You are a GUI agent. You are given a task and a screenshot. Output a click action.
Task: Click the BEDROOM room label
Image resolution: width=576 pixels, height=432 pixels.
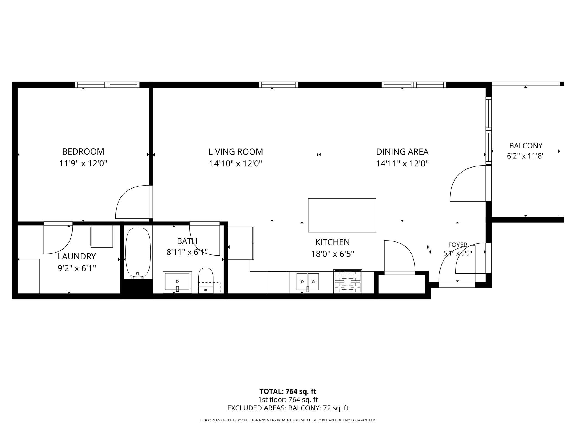coord(83,151)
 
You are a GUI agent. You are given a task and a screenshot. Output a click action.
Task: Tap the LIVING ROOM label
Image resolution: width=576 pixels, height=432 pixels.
coord(236,152)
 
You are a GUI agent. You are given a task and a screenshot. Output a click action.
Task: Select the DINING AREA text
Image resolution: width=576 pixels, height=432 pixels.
coord(402,152)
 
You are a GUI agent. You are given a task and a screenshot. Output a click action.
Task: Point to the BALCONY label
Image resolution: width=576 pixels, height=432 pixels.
coord(526,146)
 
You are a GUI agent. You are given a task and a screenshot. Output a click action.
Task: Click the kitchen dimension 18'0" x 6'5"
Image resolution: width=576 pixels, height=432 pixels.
coord(333,254)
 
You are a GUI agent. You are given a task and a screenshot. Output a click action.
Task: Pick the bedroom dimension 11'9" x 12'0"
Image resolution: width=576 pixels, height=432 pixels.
coord(83,163)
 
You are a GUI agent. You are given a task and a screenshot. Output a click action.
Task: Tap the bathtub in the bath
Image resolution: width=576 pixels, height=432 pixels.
coord(138,253)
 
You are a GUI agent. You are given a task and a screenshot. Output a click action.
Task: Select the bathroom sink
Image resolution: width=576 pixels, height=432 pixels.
coord(177,282)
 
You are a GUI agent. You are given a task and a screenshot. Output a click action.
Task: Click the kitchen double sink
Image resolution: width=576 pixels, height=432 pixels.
coord(308,282)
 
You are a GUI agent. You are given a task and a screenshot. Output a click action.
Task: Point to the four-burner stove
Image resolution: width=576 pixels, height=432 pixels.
coord(348,281)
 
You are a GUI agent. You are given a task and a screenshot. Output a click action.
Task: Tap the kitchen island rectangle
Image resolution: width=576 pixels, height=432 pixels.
coord(342,215)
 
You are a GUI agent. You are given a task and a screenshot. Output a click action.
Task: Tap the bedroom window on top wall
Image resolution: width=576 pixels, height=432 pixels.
coord(107,85)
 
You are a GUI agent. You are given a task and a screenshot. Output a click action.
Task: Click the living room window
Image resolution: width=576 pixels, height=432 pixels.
coord(279,85)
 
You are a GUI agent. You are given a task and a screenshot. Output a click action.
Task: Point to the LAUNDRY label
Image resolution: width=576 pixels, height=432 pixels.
coord(77,256)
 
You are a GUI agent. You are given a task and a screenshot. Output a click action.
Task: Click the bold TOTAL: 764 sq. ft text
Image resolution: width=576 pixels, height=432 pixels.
coord(288,391)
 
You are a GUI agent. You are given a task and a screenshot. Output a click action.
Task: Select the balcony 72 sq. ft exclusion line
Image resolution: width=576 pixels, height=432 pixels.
coord(288,408)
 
